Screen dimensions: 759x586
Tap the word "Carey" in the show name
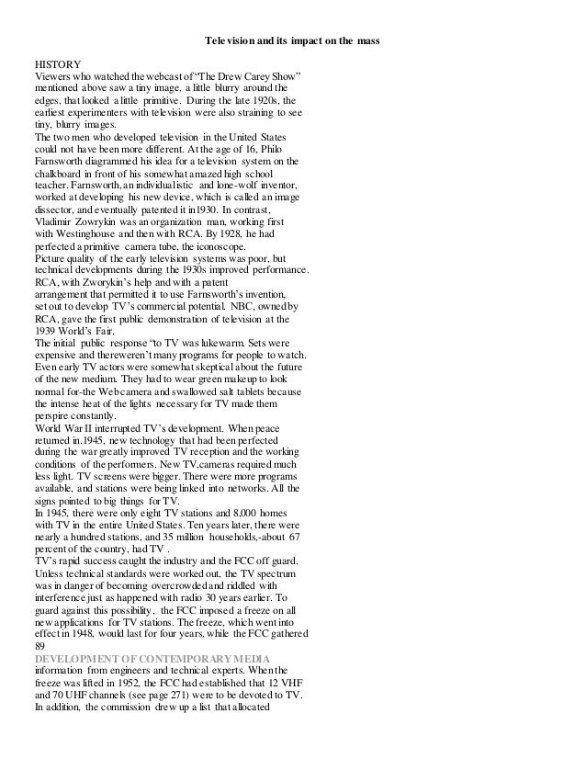point(242,78)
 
